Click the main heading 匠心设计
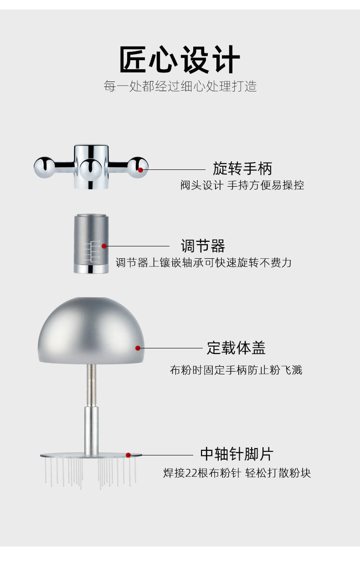click(180, 60)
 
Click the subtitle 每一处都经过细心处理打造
click(180, 86)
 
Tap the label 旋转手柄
click(242, 169)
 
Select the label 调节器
click(203, 246)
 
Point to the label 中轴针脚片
click(237, 454)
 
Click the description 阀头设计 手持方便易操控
click(242, 185)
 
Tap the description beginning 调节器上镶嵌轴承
click(203, 263)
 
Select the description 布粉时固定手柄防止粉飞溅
click(236, 370)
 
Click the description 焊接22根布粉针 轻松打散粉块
click(237, 473)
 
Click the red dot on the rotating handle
click(141, 170)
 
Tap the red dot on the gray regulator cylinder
click(104, 246)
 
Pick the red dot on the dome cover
click(138, 348)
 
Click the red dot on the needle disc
click(129, 455)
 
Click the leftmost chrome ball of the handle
click(44, 167)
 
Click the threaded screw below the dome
click(91, 385)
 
